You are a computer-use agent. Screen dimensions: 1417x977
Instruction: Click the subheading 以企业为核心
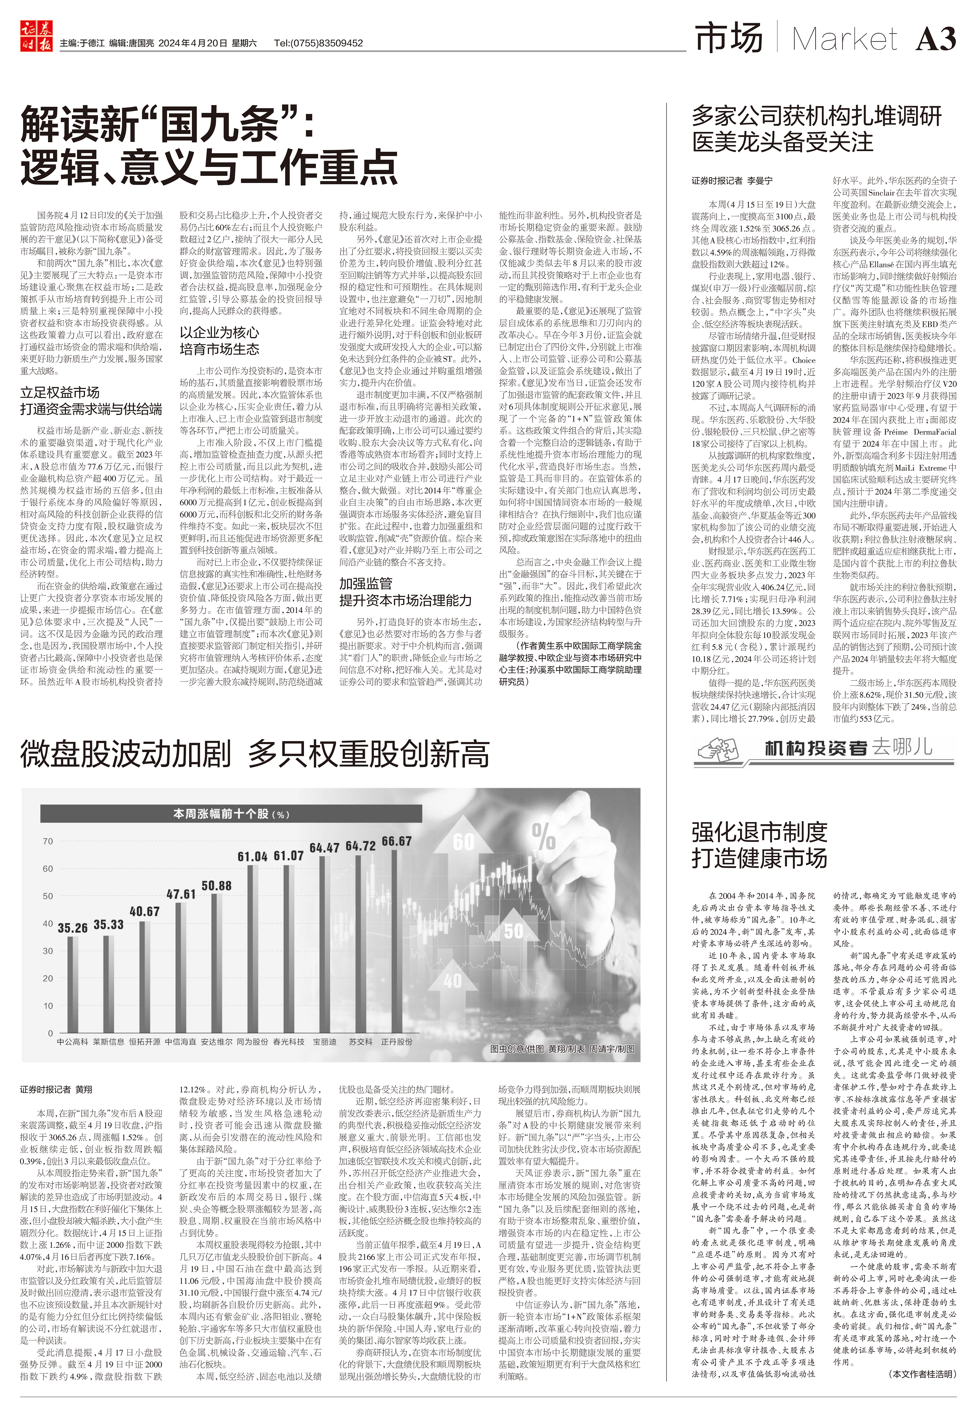(x=219, y=332)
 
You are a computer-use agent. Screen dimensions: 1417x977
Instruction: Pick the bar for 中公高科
(x=72, y=984)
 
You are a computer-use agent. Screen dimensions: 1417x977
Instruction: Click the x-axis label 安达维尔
(x=217, y=1042)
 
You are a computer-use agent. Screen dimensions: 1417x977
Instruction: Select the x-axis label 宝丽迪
(x=324, y=1042)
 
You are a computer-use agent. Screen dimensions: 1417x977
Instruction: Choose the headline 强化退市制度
(x=759, y=832)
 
